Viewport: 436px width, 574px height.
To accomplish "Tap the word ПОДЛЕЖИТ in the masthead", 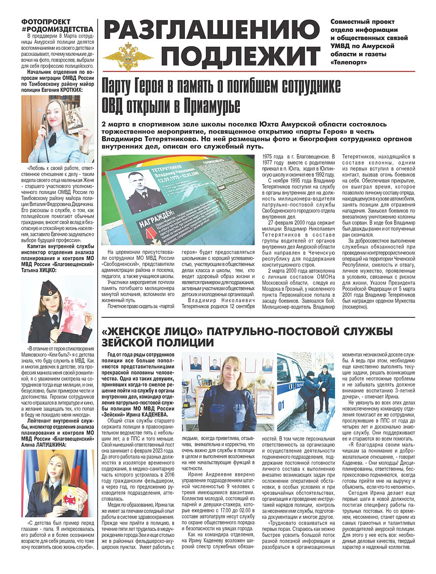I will click(x=243, y=55).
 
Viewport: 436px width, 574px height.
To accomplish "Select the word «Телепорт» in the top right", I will click(x=349, y=62).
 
